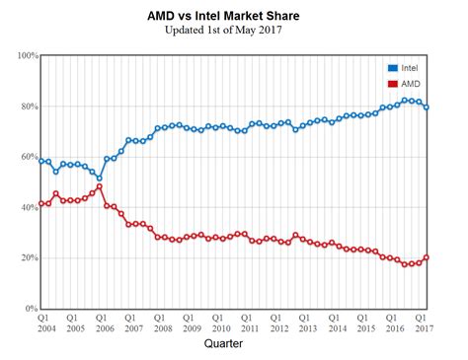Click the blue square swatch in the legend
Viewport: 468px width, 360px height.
click(393, 67)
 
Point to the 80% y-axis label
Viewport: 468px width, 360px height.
click(24, 107)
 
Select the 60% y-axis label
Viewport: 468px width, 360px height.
click(24, 157)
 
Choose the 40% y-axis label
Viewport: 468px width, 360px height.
click(24, 207)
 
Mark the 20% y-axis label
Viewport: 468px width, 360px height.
click(24, 258)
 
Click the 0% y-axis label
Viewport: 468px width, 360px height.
click(27, 309)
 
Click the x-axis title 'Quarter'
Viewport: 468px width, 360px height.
click(233, 344)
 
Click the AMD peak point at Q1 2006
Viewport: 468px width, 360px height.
click(100, 186)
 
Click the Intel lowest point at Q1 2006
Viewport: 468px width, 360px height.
click(100, 179)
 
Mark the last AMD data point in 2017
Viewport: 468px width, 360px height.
click(427, 257)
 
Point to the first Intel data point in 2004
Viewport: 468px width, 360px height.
click(41, 160)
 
